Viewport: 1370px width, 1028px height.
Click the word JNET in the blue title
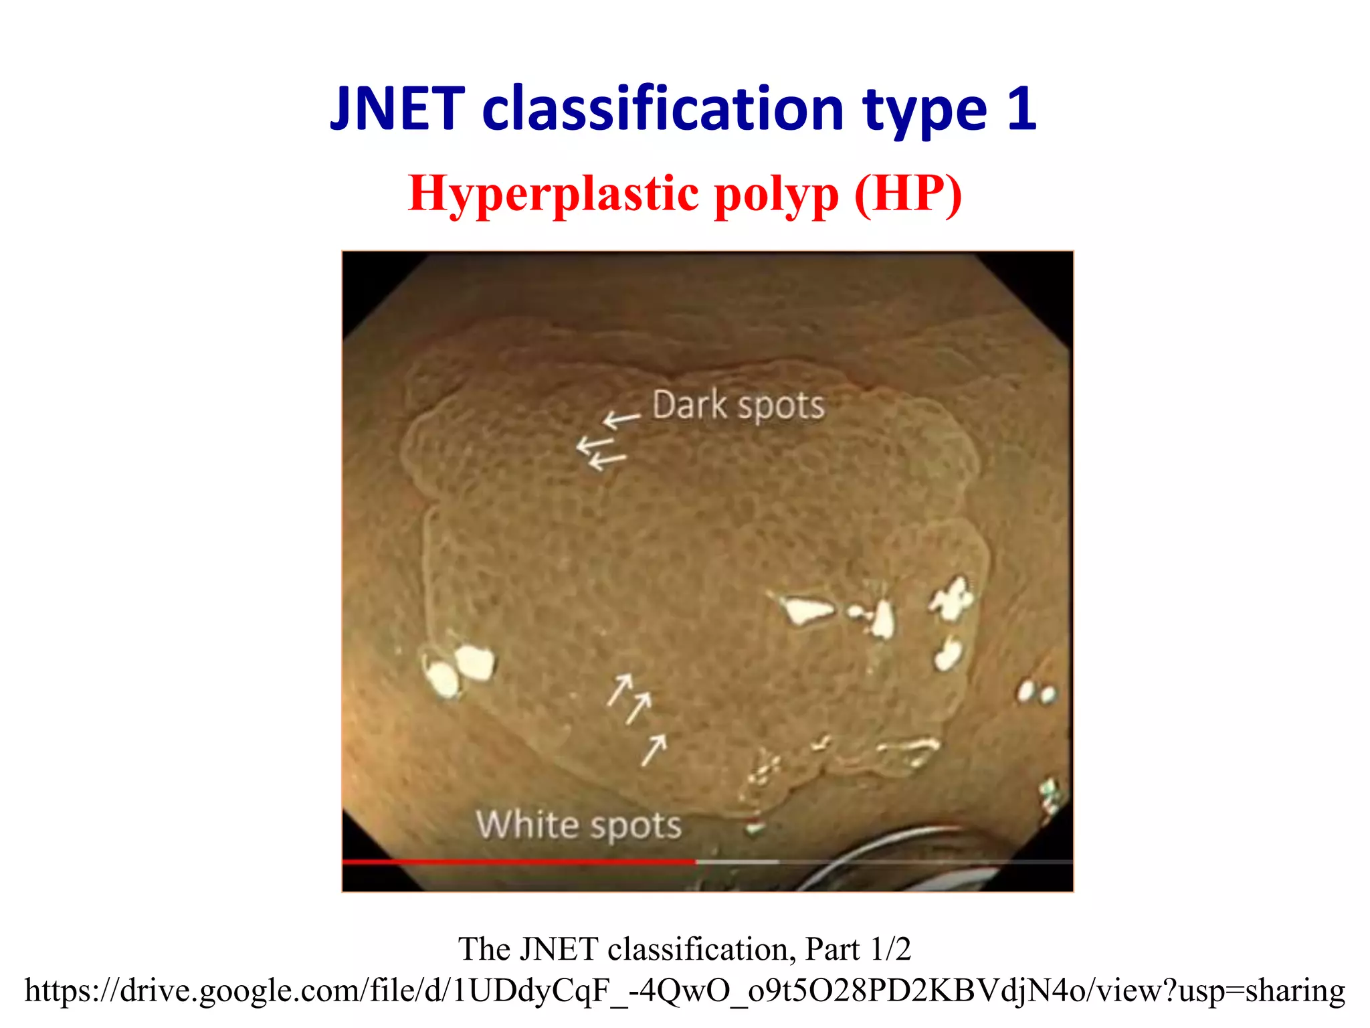397,108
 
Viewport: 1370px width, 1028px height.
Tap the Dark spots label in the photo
738,406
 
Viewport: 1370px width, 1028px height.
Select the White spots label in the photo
579,825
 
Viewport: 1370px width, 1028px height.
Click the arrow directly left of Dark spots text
621,420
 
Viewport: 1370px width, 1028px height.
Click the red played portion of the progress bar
518,862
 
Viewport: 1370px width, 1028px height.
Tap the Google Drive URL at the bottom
684,990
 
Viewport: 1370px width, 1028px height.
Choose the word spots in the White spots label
635,826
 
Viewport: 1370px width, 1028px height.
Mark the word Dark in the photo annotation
689,405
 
